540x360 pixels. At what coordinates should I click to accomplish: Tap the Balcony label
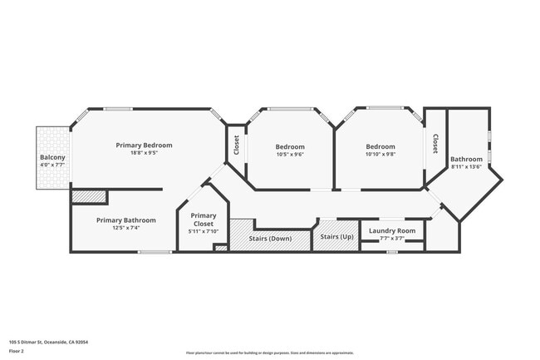pos(52,158)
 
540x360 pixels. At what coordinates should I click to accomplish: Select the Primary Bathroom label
pos(123,220)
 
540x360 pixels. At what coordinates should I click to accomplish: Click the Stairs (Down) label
pos(269,239)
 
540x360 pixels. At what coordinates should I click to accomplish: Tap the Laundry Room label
pos(392,230)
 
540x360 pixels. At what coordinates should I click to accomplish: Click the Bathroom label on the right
pos(466,159)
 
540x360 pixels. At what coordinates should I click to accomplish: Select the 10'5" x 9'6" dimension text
pos(290,155)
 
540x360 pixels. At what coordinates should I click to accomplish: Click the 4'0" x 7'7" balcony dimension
pos(52,165)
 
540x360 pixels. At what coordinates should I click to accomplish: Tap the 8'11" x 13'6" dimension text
pos(466,167)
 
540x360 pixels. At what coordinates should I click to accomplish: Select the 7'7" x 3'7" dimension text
pos(392,239)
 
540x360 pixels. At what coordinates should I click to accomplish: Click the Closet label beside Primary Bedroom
pos(236,145)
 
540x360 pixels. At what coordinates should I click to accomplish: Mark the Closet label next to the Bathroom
pos(434,145)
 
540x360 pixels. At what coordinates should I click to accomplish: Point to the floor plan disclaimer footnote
pos(269,353)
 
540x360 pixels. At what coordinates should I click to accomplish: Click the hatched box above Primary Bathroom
pos(89,196)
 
